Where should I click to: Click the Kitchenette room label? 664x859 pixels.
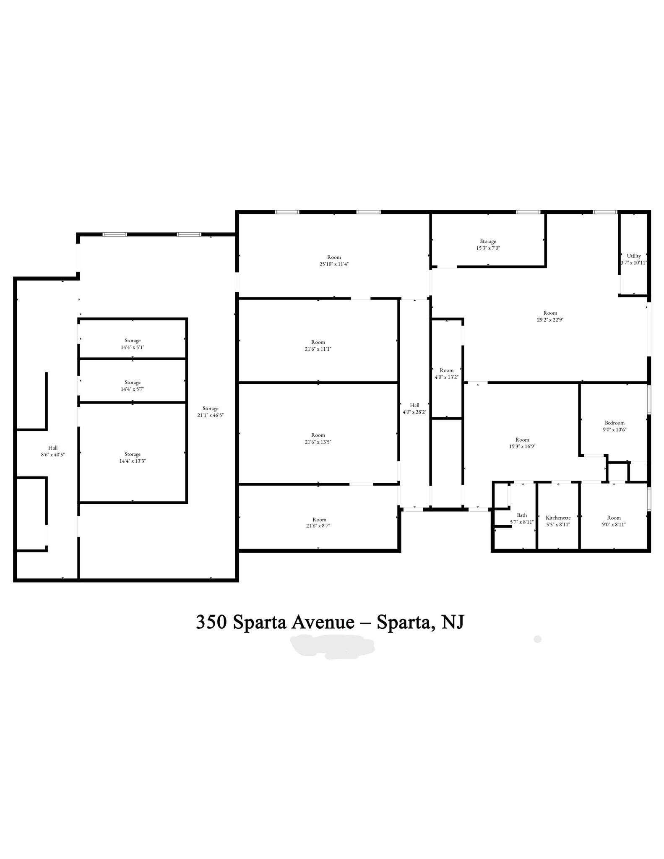click(558, 518)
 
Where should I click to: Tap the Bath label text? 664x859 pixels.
click(522, 515)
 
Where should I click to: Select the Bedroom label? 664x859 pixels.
click(615, 423)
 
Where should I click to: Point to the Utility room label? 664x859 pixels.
click(634, 256)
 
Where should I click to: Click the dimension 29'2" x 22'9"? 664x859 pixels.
click(550, 320)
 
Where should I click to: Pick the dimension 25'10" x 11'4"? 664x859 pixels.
click(334, 264)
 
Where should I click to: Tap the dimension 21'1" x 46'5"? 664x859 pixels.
click(211, 415)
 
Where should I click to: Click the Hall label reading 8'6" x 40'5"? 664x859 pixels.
click(53, 448)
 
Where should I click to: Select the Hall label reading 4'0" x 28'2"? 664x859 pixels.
click(414, 405)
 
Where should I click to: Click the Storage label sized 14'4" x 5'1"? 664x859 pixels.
click(133, 341)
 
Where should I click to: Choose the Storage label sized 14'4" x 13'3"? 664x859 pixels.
click(133, 454)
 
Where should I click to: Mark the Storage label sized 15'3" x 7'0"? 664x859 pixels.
click(488, 241)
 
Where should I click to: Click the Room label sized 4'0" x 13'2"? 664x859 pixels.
click(446, 370)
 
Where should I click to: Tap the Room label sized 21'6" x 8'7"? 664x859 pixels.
click(319, 520)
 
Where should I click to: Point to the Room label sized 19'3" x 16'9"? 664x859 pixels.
click(522, 440)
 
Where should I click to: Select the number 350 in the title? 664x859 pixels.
click(211, 622)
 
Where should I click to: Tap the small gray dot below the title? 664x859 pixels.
click(537, 639)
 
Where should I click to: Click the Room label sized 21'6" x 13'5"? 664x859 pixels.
click(318, 435)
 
